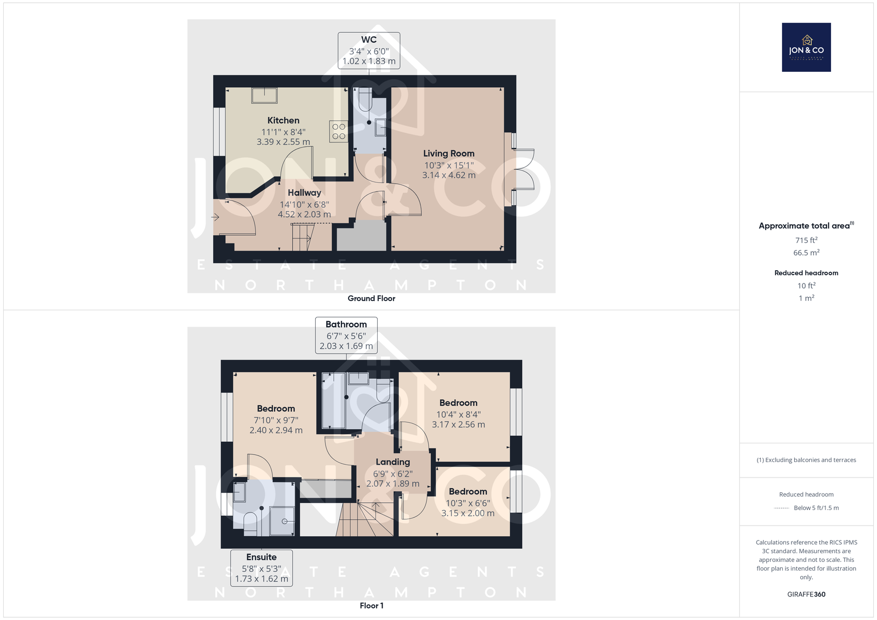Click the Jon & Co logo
(x=806, y=47)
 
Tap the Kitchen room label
(x=283, y=120)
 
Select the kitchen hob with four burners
(x=339, y=131)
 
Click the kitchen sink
(x=265, y=95)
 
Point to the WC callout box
(x=369, y=50)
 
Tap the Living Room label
(x=449, y=153)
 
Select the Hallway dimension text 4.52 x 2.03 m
(x=304, y=214)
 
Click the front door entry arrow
(x=215, y=217)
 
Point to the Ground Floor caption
(x=371, y=298)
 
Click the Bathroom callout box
(x=346, y=335)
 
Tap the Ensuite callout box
(x=261, y=568)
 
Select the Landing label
(x=392, y=462)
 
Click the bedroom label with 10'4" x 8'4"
(x=458, y=402)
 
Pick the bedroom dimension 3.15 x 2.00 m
(x=468, y=513)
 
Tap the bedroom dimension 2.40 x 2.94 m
(x=276, y=430)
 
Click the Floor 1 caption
(x=372, y=606)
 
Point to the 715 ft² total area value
(x=806, y=240)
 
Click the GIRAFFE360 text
(x=806, y=594)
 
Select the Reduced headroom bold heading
(x=806, y=273)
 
